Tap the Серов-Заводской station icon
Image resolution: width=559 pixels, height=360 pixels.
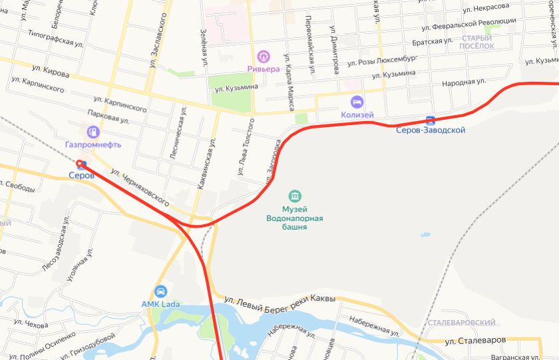430,120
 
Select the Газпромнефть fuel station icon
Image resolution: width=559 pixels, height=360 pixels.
93,131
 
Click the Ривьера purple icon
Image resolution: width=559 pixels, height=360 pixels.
264,56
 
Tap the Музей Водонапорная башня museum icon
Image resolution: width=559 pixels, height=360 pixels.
295,196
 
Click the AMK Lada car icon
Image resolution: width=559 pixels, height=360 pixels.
160,291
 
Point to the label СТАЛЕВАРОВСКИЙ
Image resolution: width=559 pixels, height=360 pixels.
463,323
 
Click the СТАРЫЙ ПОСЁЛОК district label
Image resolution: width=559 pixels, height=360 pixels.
477,43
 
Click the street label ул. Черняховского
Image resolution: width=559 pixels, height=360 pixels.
140,186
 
